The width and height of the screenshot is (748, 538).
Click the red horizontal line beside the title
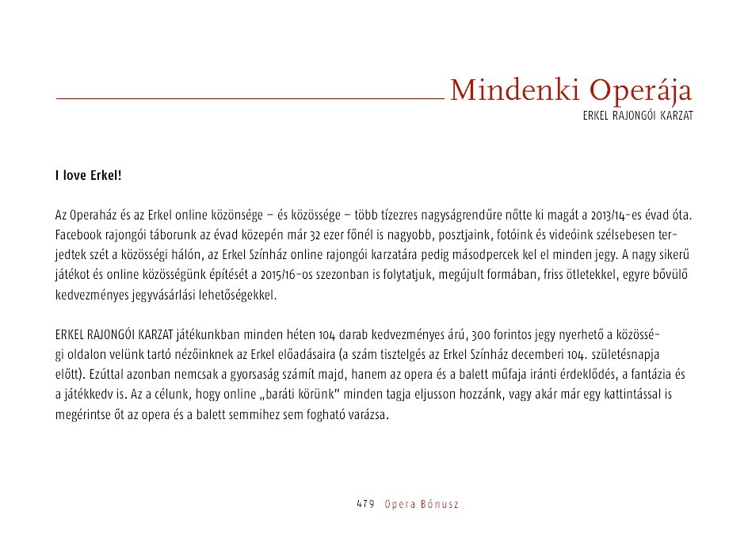[x=249, y=98]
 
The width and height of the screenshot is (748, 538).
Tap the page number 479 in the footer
[x=364, y=505]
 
